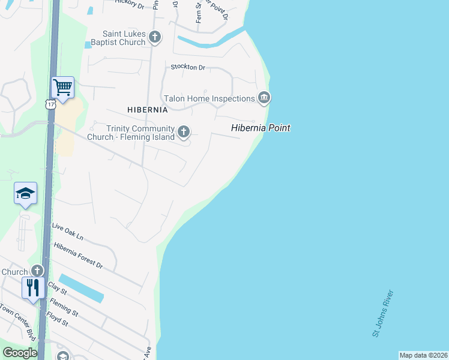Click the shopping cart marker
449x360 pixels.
point(62,88)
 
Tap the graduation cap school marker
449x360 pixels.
point(26,193)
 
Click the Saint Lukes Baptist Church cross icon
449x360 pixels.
point(155,37)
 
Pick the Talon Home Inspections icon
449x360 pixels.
point(264,98)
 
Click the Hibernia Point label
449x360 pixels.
point(261,128)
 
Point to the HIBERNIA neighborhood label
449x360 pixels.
point(148,110)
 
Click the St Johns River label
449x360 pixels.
point(383,314)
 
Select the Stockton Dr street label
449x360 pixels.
point(188,67)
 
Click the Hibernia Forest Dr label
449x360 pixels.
point(78,256)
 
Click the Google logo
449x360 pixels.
point(20,353)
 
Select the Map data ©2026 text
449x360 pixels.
point(423,355)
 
